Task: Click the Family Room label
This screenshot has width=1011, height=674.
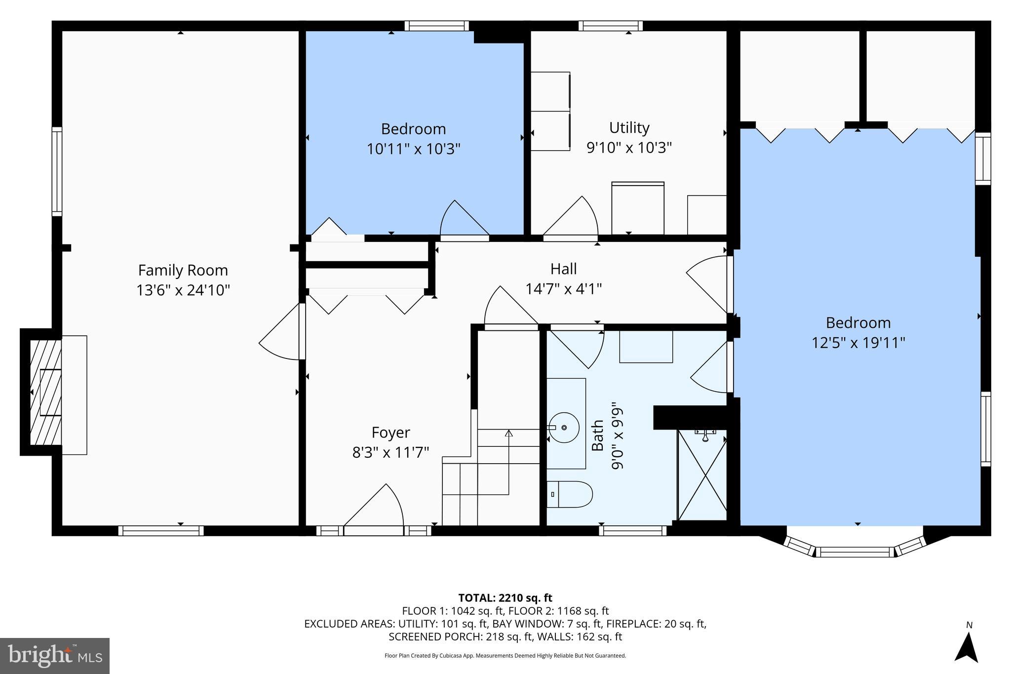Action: coord(183,270)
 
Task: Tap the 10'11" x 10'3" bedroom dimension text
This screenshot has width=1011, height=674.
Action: coord(413,149)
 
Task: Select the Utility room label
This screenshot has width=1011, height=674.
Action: coord(629,127)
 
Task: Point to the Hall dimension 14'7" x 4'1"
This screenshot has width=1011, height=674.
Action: coord(563,288)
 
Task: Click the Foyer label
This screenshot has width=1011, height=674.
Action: coord(390,432)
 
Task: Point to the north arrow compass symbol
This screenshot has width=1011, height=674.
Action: coord(966,647)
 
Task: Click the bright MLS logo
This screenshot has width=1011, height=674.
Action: coord(55,656)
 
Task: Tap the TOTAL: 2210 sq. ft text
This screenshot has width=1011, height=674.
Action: coord(505,598)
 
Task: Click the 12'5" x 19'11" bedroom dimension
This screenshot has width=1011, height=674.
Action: coord(858,342)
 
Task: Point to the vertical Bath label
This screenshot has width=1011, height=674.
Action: coord(598,435)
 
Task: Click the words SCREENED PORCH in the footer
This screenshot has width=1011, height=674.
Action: coord(434,636)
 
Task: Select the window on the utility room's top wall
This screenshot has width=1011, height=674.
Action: coord(610,26)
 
